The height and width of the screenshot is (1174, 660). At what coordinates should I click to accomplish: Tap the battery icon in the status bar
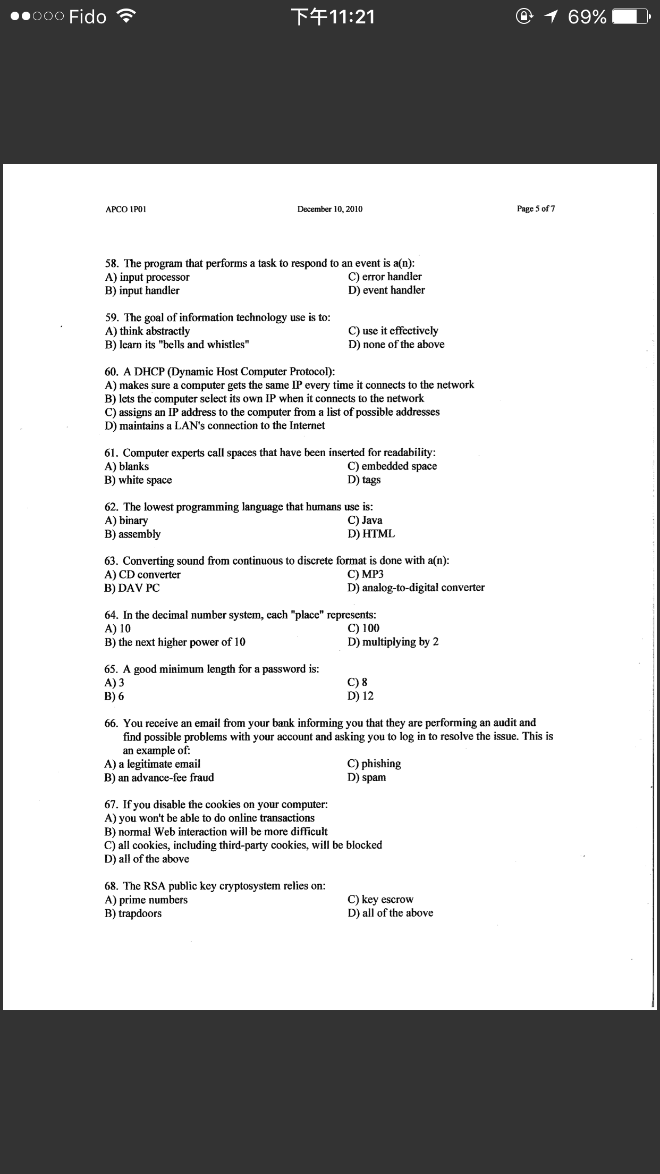click(x=630, y=17)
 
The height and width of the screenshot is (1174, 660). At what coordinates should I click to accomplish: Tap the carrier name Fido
click(x=88, y=17)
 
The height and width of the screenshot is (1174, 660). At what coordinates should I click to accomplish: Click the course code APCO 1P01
click(x=125, y=209)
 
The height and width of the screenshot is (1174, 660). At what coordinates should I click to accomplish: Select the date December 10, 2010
click(x=329, y=209)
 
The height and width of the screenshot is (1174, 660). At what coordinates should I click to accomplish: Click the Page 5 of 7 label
click(x=536, y=208)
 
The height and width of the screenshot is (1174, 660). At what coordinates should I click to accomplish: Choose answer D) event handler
click(x=386, y=290)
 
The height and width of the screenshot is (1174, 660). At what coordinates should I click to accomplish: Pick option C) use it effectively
click(x=393, y=331)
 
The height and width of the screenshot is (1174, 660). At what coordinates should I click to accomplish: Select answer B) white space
click(x=138, y=480)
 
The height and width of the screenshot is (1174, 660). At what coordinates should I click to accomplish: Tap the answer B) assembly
click(x=132, y=534)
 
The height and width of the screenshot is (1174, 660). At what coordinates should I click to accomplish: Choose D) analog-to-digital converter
click(x=416, y=588)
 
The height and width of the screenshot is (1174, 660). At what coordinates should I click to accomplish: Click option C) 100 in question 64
click(x=363, y=628)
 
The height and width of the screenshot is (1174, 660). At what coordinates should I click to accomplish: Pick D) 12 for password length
click(x=361, y=696)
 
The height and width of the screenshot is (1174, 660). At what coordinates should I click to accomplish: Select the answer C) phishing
click(x=374, y=764)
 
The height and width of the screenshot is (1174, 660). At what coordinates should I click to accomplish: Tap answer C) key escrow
click(x=380, y=900)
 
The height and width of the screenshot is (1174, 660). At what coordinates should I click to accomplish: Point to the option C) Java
click(x=365, y=521)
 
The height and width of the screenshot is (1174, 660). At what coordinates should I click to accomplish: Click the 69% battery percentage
click(x=587, y=17)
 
